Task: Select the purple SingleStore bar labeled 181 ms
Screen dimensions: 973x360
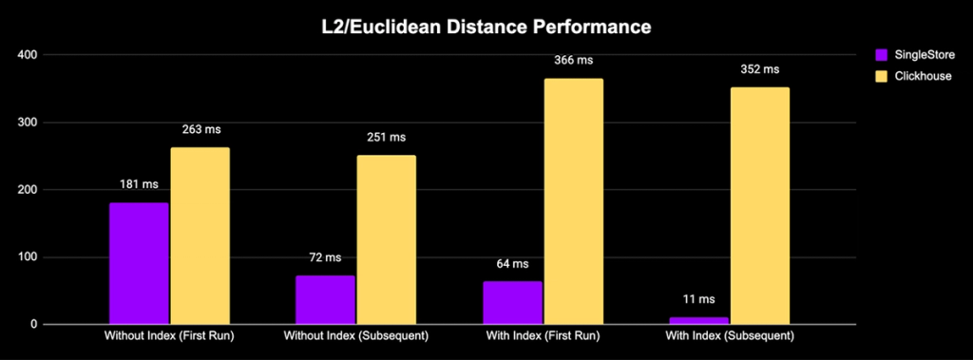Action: [139, 264]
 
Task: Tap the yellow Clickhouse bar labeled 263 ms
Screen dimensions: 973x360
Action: [200, 236]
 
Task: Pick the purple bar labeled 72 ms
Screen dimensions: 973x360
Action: [325, 300]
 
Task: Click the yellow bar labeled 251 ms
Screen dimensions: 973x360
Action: [386, 240]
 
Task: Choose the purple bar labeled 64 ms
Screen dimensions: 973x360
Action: [512, 303]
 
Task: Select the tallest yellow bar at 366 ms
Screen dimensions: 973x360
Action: [573, 201]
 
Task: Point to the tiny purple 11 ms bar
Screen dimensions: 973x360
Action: [698, 321]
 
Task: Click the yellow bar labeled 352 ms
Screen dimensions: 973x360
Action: [759, 206]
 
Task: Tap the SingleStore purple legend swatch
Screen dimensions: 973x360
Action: [881, 55]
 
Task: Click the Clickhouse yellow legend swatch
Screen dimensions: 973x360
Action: [881, 77]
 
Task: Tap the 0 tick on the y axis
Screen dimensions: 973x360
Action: [34, 325]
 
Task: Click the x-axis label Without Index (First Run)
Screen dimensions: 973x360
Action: [169, 337]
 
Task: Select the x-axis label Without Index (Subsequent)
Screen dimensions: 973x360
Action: [355, 337]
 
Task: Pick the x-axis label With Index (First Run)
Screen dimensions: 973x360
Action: [543, 337]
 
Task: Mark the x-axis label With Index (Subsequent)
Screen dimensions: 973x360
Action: [730, 337]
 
